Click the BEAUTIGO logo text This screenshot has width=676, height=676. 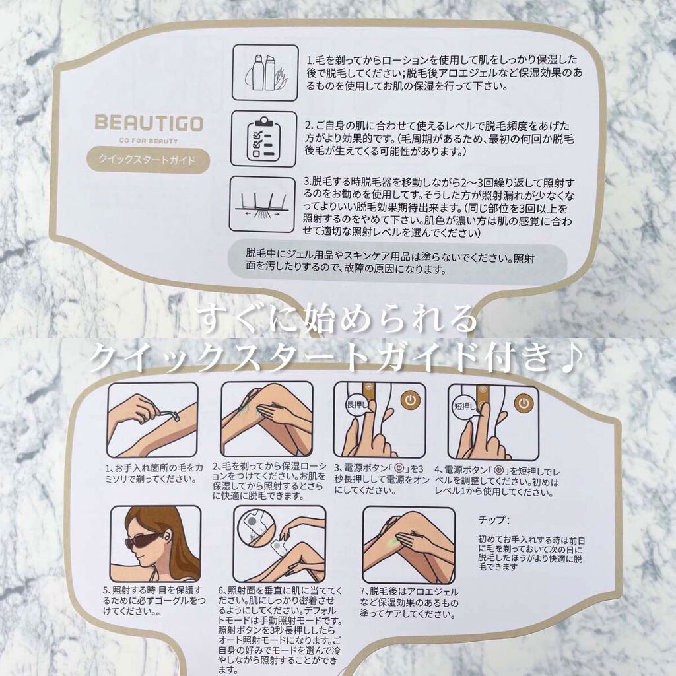click(149, 123)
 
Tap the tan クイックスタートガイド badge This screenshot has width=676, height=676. click(148, 160)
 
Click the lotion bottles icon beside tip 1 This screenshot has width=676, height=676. click(265, 73)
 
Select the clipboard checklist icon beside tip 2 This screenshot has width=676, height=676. click(263, 139)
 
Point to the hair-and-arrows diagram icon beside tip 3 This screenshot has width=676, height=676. click(262, 203)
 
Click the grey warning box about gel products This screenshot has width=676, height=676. click(397, 262)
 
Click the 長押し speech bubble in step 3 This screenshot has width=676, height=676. click(359, 405)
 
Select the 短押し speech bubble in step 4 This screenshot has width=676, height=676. click(466, 406)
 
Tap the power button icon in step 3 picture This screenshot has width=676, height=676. click(411, 401)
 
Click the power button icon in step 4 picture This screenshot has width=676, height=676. click(524, 404)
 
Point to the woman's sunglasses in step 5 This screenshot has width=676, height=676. click(143, 541)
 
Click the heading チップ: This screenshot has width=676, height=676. click(494, 520)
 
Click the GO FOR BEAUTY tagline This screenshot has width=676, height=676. click(149, 141)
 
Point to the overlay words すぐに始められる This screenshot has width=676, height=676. click(338, 319)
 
